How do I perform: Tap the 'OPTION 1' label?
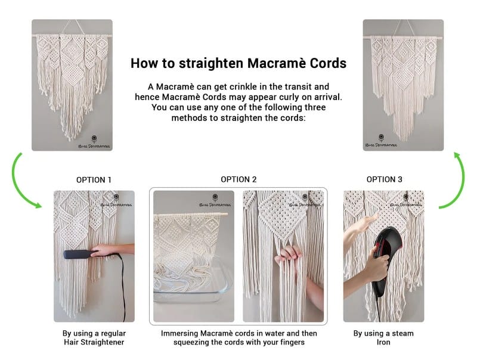[x=94, y=180]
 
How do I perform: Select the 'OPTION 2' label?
[x=239, y=179]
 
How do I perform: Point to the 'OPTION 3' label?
[x=384, y=179]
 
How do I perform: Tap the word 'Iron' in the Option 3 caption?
[x=383, y=342]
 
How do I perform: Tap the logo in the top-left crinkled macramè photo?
[x=94, y=142]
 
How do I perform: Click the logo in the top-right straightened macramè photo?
[x=381, y=141]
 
